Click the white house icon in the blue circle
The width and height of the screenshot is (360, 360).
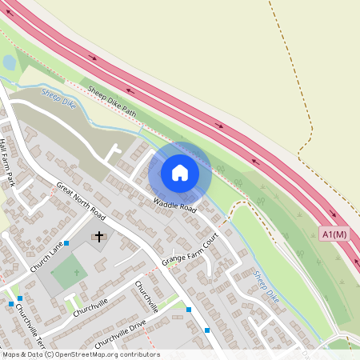[180, 173]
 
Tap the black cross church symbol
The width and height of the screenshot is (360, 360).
[99, 237]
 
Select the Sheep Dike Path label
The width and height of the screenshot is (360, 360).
[113, 102]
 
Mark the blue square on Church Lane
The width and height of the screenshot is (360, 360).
[66, 243]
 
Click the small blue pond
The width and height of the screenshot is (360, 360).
[9, 62]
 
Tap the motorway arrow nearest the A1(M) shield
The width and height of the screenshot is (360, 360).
[333, 214]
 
